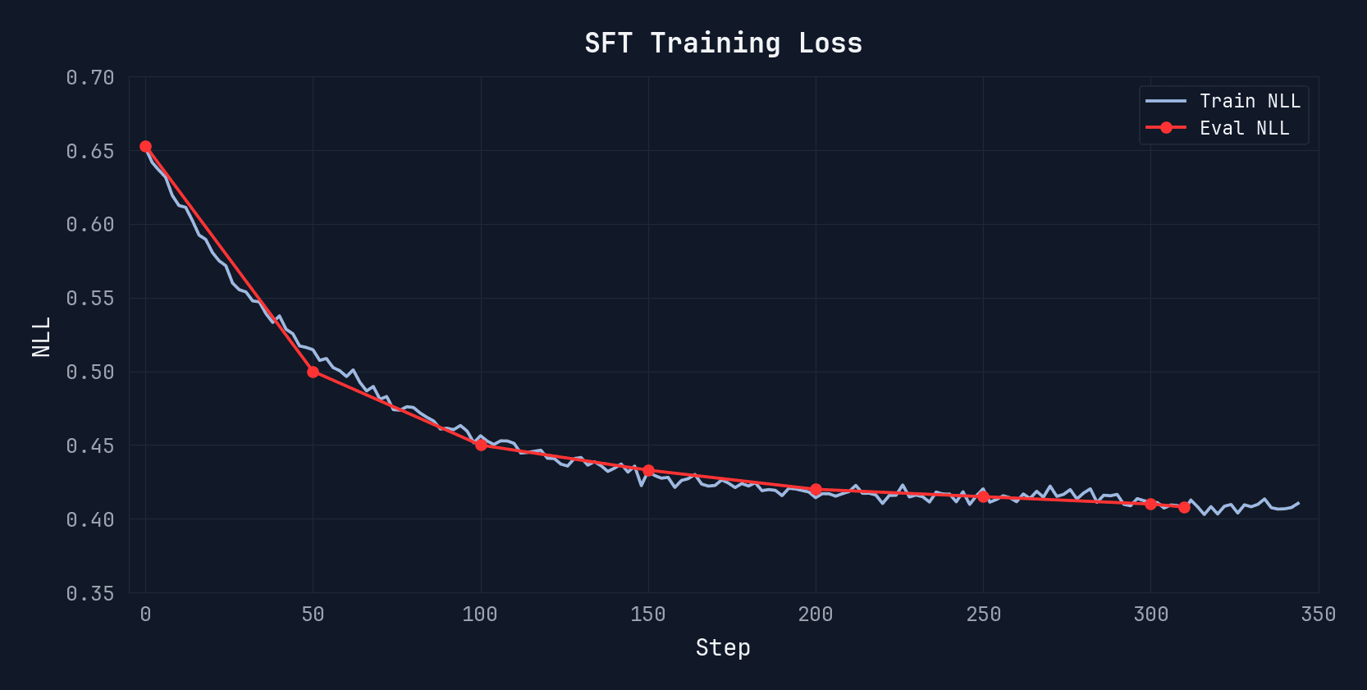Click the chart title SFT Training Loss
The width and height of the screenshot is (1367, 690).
tap(723, 43)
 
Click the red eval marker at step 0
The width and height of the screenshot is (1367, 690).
tap(145, 147)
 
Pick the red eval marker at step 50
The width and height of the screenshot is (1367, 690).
tap(313, 372)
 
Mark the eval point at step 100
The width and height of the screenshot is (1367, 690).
tap(481, 445)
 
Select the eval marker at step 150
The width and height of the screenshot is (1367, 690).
tap(648, 471)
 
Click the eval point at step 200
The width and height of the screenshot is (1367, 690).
tap(816, 490)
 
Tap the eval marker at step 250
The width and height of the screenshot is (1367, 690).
tap(983, 497)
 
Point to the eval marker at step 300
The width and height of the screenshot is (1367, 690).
tap(1150, 504)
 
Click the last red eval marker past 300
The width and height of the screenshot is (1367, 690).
tap(1184, 507)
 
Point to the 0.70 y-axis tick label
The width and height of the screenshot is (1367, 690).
tap(90, 78)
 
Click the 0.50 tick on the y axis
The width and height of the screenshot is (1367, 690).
tap(90, 372)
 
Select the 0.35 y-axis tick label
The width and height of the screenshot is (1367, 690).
tap(90, 593)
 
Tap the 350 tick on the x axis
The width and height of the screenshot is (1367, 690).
tap(1318, 615)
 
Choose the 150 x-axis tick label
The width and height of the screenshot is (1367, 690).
tap(648, 615)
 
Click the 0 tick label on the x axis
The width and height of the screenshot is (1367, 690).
tap(145, 615)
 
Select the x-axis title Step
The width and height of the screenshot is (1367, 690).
tap(723, 647)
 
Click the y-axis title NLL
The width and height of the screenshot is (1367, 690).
tap(41, 336)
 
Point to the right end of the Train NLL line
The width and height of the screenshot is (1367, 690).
tap(1298, 503)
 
